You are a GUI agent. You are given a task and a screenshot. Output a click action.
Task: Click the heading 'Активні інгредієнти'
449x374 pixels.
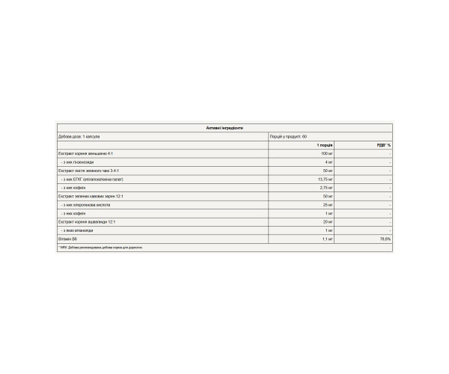pyautogui.click(x=224, y=129)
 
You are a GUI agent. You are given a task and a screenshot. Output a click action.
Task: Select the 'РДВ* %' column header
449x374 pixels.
pyautogui.click(x=384, y=144)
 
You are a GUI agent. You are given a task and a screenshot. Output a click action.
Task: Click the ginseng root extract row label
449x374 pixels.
pyautogui.click(x=87, y=153)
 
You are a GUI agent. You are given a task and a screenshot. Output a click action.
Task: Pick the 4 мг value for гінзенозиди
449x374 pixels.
pyautogui.click(x=328, y=162)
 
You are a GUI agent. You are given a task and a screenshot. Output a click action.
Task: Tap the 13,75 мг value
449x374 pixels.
pyautogui.click(x=324, y=179)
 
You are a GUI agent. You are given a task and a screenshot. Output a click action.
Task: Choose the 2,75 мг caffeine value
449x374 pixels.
pyautogui.click(x=325, y=188)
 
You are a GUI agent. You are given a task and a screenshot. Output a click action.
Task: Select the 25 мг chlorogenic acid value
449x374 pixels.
pyautogui.click(x=326, y=204)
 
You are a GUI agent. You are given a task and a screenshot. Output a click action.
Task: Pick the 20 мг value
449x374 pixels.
pyautogui.click(x=327, y=221)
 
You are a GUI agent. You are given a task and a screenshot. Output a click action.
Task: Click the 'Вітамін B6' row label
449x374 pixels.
pyautogui.click(x=67, y=239)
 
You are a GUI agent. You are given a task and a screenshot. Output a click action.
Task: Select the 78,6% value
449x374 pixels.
pyautogui.click(x=385, y=239)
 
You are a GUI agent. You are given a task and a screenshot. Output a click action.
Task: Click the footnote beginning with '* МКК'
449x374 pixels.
pyautogui.click(x=100, y=247)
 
